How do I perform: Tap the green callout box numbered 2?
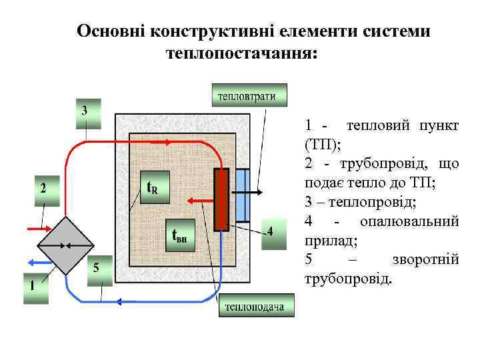(45, 190)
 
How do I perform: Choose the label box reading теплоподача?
(254, 307)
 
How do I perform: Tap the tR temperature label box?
(152, 188)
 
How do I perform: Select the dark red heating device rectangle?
(221, 198)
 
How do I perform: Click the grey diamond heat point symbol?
(66, 245)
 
